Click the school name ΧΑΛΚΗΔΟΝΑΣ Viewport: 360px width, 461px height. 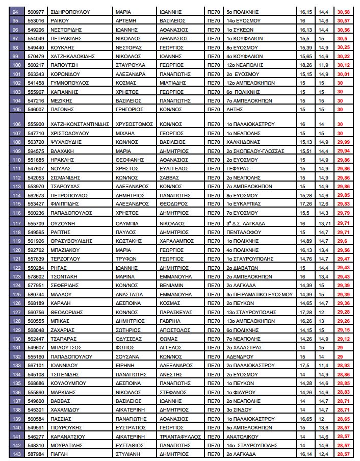[243, 142]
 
